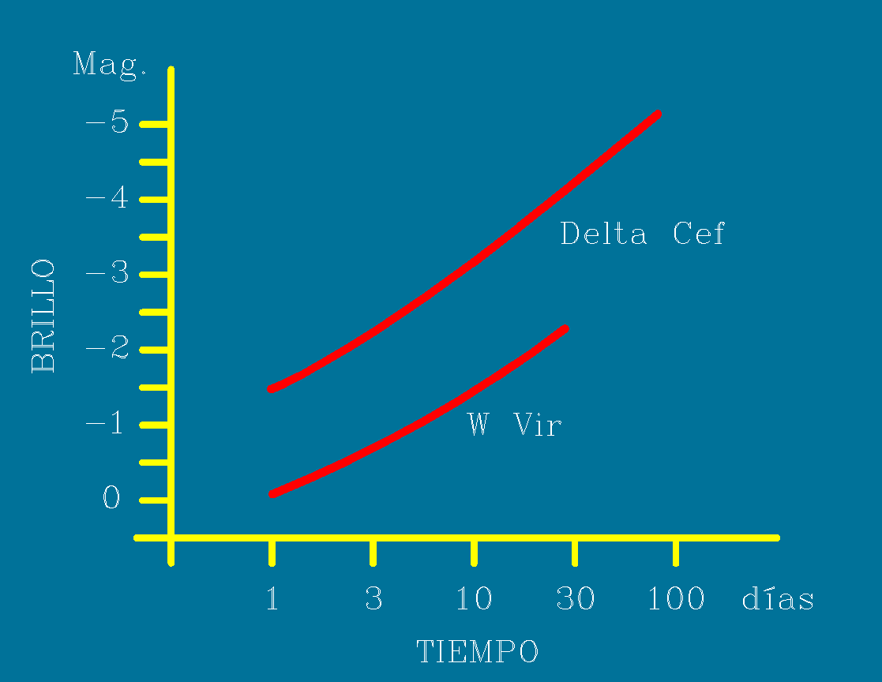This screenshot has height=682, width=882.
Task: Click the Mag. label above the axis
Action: (110, 64)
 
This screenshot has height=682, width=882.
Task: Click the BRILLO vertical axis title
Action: (43, 316)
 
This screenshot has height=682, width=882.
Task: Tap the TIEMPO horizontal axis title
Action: (477, 652)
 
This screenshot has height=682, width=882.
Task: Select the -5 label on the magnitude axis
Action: (107, 124)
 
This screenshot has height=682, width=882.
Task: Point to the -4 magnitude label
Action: (107, 198)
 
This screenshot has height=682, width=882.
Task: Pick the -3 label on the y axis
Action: (107, 274)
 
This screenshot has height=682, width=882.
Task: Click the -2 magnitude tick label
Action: (107, 349)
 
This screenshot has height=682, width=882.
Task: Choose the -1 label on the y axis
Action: (107, 424)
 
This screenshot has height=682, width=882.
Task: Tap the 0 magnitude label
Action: (111, 499)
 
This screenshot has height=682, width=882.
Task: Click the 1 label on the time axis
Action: (272, 599)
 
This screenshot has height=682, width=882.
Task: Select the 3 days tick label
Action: (373, 599)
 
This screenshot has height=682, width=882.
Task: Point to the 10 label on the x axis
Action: (474, 599)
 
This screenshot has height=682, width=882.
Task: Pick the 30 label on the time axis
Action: (576, 599)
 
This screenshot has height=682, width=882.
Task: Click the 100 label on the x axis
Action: (676, 599)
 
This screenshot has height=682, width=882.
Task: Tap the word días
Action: (778, 599)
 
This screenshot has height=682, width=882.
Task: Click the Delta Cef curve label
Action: (642, 234)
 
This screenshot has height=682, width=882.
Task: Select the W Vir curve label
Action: (515, 425)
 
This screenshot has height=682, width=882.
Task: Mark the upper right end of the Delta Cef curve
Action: (657, 115)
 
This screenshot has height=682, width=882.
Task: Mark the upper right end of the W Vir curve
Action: (565, 328)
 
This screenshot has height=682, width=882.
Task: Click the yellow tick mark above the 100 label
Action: (676, 552)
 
